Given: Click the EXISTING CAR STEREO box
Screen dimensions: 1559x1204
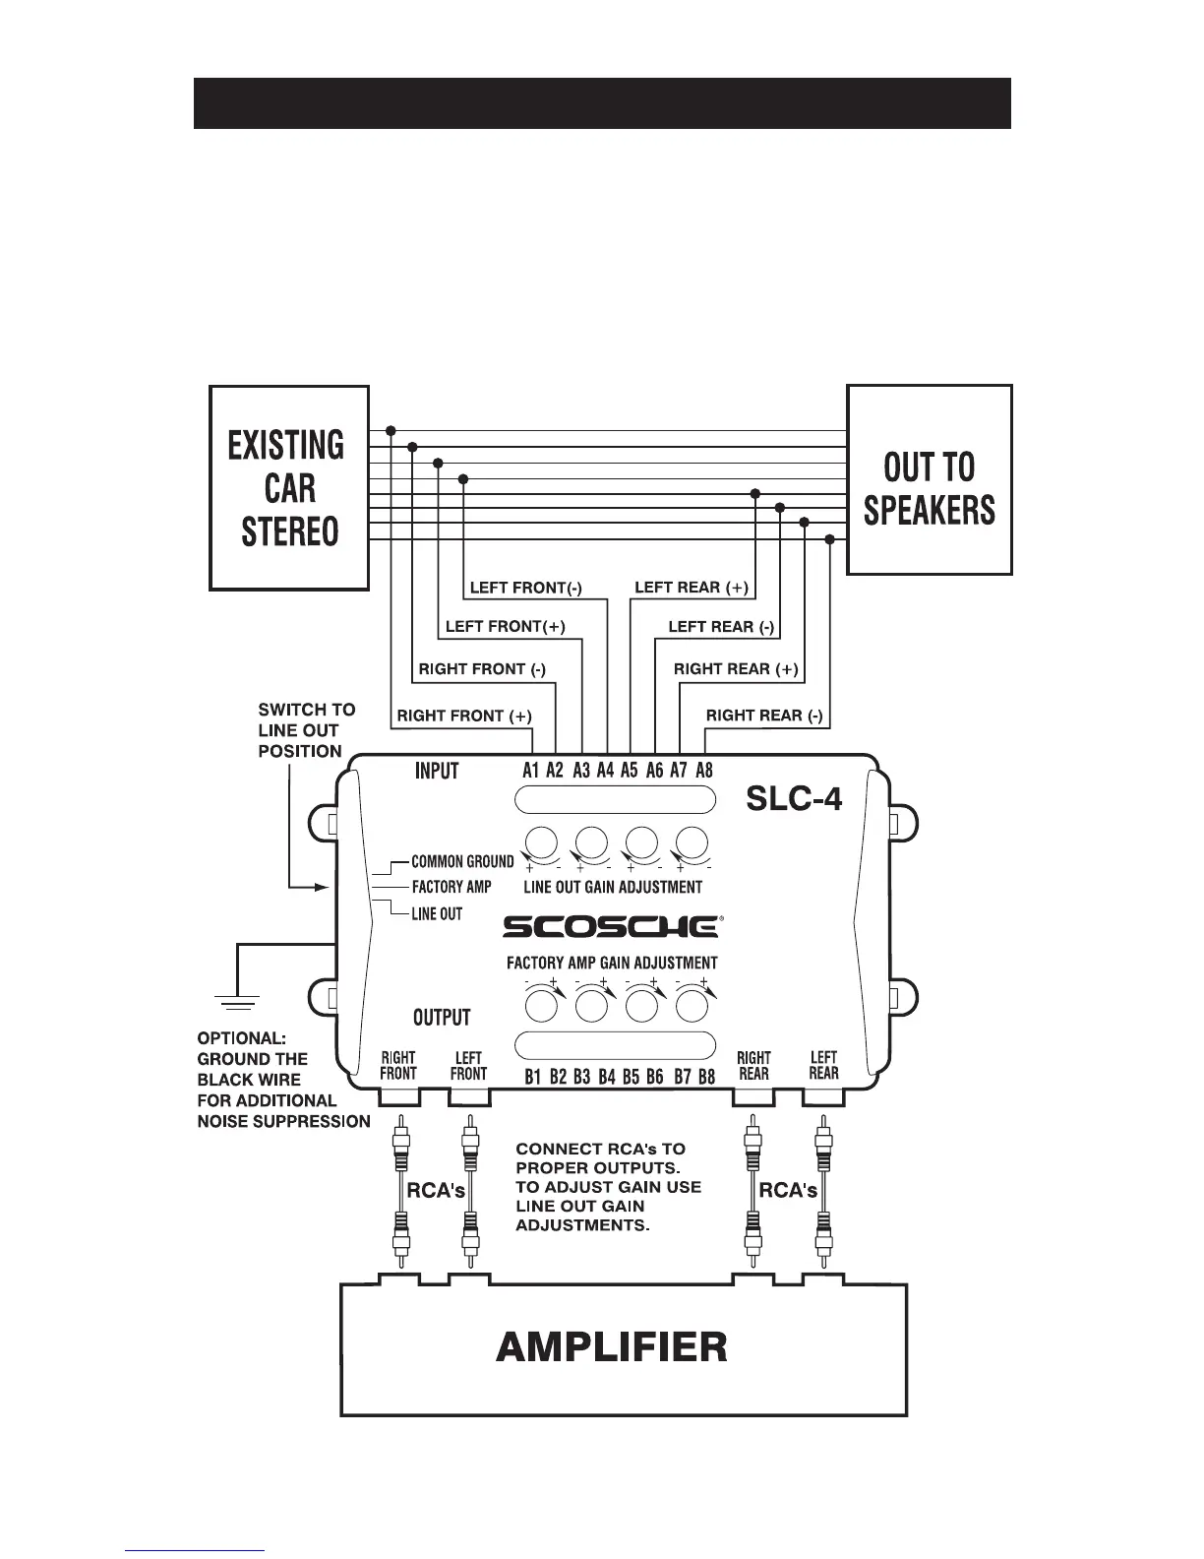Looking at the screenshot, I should coord(288,488).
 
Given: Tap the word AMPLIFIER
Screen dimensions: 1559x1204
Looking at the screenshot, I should coord(612,1345).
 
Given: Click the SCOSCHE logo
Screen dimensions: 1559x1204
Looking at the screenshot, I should coord(612,926).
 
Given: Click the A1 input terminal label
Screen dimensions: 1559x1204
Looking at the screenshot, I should coord(531,771).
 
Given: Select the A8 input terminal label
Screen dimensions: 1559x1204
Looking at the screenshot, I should coord(703,771).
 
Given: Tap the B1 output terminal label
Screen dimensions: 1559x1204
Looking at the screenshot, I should coord(533,1077).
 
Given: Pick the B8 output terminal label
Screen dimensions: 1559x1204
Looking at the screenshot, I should coord(706,1077).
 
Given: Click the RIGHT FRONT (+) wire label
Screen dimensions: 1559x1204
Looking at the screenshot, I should coord(462,716).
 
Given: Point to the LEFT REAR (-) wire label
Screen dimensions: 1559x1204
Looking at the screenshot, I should coord(721,627).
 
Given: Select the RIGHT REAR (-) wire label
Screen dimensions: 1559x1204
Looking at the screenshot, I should coord(764,716).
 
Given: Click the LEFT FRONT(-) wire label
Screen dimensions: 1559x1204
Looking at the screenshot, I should coord(525,589).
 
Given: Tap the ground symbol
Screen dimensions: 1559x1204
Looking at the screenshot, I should coord(237,1003).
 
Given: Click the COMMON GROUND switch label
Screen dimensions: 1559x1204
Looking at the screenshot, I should coord(462,862).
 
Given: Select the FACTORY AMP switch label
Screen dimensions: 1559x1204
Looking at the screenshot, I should coord(451,887).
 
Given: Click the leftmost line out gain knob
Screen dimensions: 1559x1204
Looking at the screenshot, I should coord(540,843).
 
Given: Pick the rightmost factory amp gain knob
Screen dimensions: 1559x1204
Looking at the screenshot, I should coord(692,1006).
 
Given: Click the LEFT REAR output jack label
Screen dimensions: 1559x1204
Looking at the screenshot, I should coord(823,1065).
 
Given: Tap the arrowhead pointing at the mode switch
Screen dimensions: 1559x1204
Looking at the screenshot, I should coord(320,887).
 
